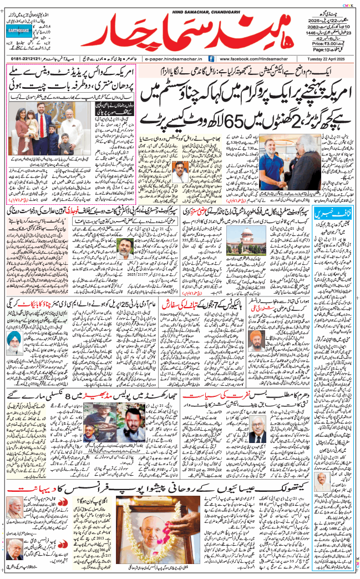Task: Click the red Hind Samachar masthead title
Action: [x=183, y=29]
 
